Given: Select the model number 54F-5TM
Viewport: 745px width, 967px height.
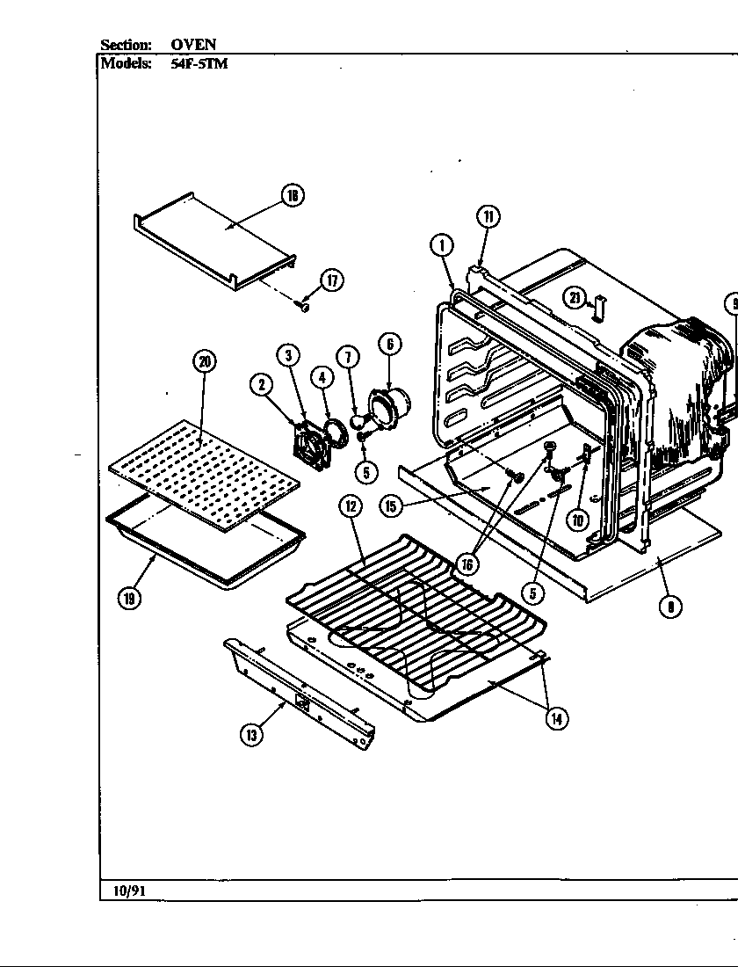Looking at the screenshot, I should [199, 63].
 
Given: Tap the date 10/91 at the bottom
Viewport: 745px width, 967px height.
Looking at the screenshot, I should [128, 891].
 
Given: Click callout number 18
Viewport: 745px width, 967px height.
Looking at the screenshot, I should [293, 196].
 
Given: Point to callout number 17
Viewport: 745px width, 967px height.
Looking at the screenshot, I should [331, 280].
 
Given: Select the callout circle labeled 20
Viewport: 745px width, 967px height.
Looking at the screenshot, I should [204, 361].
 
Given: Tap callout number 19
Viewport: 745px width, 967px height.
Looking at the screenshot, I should [129, 599].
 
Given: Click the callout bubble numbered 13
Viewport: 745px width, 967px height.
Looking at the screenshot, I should [252, 736].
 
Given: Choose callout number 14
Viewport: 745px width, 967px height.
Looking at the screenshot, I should [555, 718].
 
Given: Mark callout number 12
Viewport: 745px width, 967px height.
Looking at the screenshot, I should [351, 505].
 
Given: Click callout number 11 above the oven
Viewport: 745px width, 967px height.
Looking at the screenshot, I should [488, 216].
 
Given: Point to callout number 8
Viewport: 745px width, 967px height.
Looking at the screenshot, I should [671, 605].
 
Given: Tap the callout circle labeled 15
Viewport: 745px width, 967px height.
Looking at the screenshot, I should [391, 505].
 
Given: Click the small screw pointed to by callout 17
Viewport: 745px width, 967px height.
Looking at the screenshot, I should [302, 306].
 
